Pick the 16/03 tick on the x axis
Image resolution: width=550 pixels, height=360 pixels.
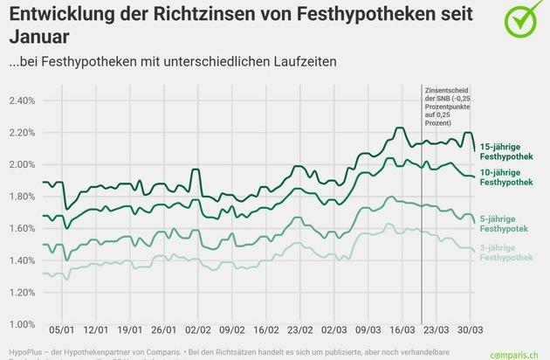(402, 333)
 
